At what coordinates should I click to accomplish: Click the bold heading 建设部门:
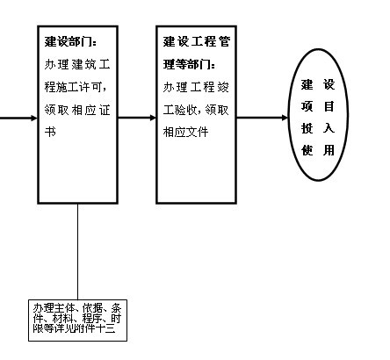70,41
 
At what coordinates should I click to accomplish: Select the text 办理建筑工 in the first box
77,64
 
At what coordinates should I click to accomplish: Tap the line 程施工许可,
76,87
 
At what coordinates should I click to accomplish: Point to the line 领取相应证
77,110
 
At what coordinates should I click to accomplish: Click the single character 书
50,132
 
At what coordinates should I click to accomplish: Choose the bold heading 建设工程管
197,41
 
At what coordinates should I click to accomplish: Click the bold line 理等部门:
189,64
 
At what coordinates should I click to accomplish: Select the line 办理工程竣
196,87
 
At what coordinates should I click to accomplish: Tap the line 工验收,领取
196,110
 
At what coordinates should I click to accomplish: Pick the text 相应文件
185,132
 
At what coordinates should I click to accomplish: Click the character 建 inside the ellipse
307,84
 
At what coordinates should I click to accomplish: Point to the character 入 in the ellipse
329,128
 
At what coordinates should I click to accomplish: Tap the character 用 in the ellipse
329,150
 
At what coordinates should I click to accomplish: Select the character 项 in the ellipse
307,106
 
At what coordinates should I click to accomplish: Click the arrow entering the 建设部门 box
18,118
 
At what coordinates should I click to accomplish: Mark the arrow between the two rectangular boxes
137,118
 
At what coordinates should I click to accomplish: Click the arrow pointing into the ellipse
263,118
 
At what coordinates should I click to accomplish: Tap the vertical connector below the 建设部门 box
77,251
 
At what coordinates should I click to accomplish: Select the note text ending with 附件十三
77,319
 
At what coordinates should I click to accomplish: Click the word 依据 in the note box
92,308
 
